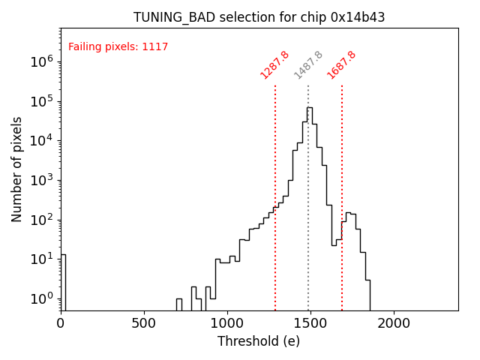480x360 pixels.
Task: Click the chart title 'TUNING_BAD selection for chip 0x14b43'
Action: point(259,17)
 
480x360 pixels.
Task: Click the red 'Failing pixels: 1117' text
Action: point(118,46)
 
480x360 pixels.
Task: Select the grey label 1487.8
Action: point(308,64)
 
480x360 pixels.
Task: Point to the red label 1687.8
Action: point(341,64)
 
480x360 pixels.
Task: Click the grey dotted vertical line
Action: point(308,195)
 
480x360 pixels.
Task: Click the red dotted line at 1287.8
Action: point(275,195)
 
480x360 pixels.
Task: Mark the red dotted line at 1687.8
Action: point(342,195)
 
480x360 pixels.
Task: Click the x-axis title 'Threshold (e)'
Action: point(259,341)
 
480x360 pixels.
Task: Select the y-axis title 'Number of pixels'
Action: point(16,169)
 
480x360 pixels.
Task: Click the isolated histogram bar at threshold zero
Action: point(63,281)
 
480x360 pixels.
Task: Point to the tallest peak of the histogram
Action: point(309,108)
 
